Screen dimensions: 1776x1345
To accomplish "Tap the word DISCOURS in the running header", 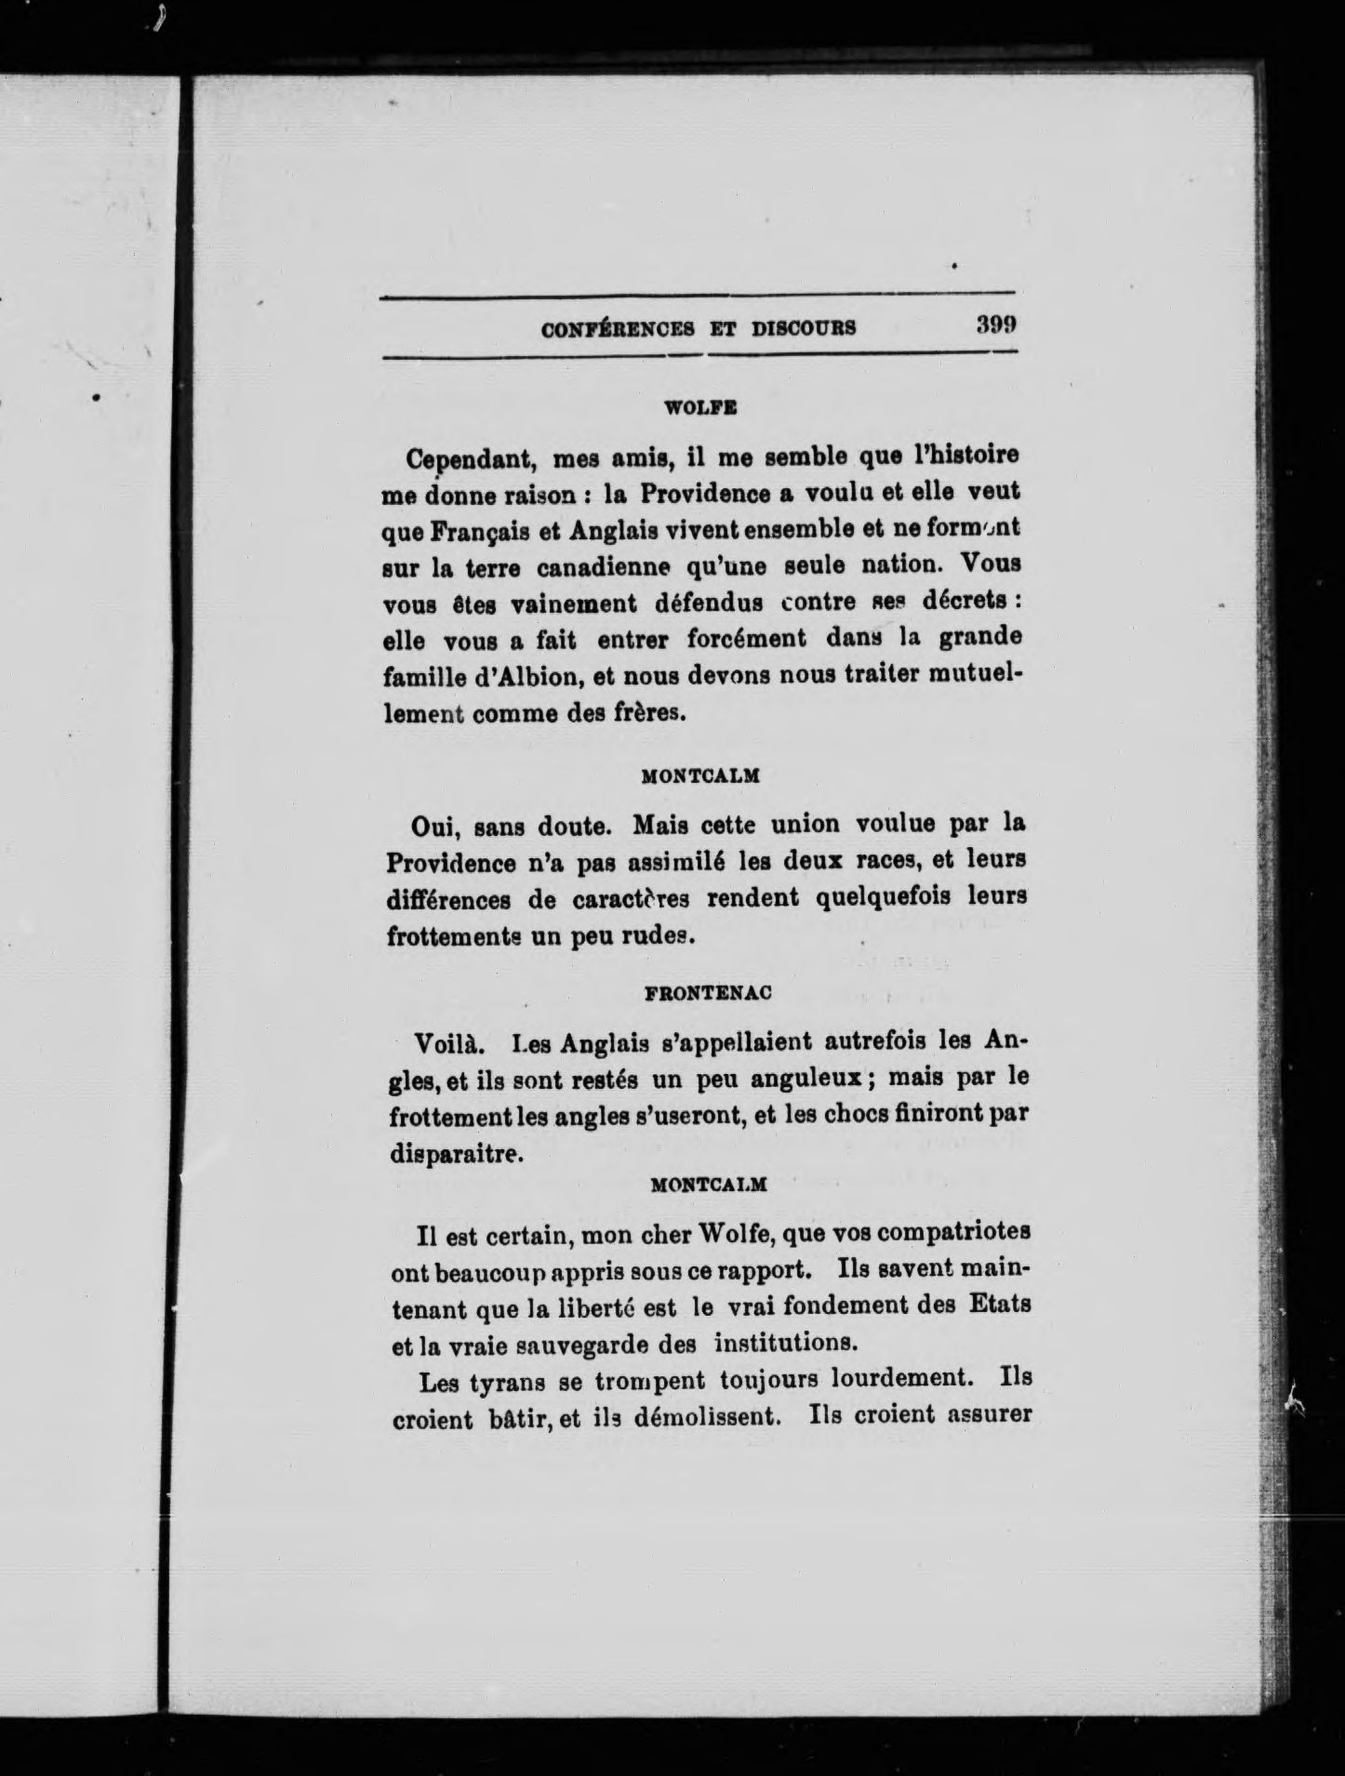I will [x=803, y=328].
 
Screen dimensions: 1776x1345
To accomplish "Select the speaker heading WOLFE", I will [x=700, y=406].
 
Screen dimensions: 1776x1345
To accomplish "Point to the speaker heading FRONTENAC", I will [x=709, y=993].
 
